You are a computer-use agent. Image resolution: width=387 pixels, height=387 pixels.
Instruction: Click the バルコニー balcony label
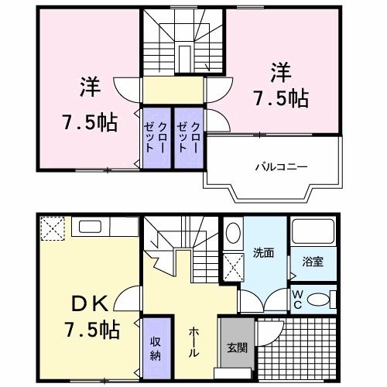[272, 166]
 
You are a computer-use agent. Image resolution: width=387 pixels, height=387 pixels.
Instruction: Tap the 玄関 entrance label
[237, 348]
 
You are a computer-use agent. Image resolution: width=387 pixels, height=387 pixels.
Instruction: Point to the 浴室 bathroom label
[313, 262]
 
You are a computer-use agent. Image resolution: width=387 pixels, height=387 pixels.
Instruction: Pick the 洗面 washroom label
[262, 252]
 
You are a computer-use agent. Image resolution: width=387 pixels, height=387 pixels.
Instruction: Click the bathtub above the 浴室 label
[313, 232]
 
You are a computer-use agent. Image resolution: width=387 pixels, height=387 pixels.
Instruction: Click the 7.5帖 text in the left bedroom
[89, 122]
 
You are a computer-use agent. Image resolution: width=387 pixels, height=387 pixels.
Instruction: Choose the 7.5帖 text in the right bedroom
[281, 98]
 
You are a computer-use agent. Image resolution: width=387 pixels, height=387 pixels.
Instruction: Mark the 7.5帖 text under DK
[91, 329]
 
